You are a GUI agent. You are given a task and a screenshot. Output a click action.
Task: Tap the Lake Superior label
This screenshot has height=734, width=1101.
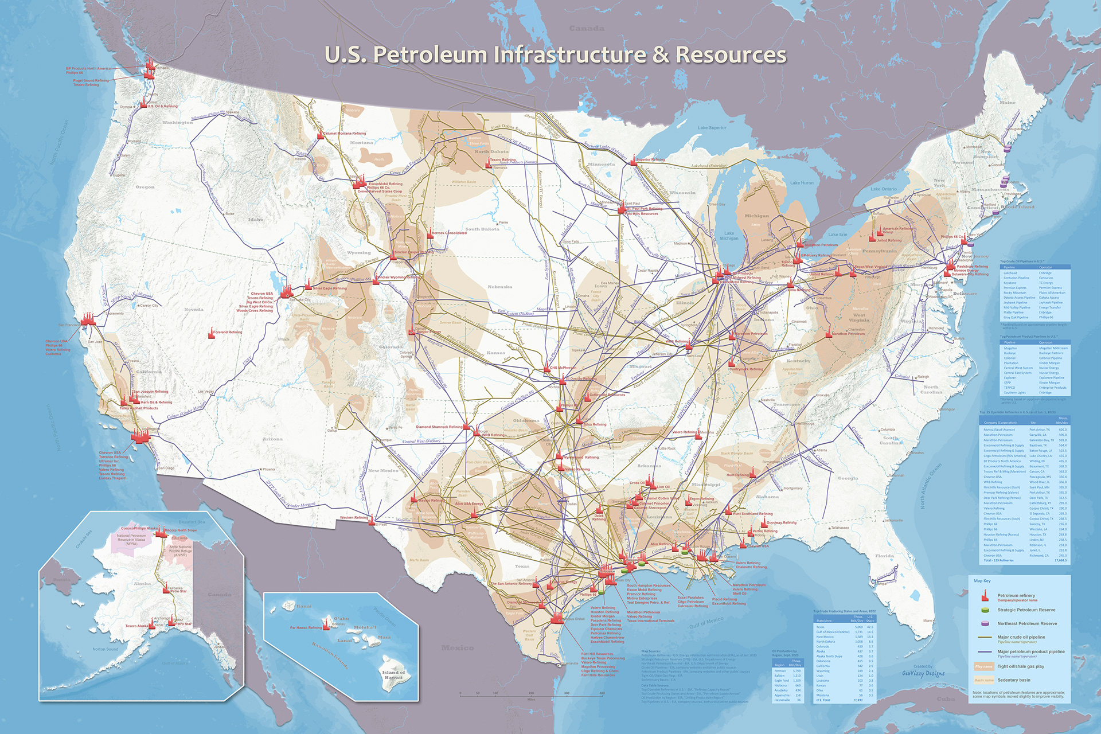712,128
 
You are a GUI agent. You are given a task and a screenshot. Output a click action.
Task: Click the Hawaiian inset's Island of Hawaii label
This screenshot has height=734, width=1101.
393,674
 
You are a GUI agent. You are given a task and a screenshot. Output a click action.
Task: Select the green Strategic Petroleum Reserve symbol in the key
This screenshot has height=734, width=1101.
985,610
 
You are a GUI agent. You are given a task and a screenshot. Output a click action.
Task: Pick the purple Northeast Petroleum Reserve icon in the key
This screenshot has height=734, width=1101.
985,624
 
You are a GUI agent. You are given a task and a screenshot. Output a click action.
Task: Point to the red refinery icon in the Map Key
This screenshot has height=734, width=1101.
985,596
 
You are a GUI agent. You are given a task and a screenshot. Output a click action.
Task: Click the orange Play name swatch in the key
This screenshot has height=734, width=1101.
983,666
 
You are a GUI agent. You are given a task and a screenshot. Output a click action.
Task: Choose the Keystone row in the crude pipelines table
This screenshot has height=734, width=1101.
1010,283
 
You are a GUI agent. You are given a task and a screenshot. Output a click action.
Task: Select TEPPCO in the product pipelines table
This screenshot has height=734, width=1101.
1010,388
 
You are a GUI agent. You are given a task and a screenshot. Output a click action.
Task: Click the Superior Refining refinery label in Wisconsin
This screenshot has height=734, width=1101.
650,160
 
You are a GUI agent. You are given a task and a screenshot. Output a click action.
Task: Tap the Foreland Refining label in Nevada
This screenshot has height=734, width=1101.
227,332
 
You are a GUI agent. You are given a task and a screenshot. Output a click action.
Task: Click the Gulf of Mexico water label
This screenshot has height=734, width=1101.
706,623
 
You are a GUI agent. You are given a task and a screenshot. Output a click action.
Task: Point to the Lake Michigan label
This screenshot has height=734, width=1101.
729,236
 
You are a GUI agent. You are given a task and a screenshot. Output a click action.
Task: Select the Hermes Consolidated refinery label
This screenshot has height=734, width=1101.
449,233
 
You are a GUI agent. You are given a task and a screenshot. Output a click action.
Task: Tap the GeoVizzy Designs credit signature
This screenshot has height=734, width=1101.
923,673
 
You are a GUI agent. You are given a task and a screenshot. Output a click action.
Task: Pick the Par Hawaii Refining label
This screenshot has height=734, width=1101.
306,628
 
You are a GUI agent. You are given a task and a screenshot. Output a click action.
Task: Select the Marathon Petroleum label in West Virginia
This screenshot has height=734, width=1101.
848,333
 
